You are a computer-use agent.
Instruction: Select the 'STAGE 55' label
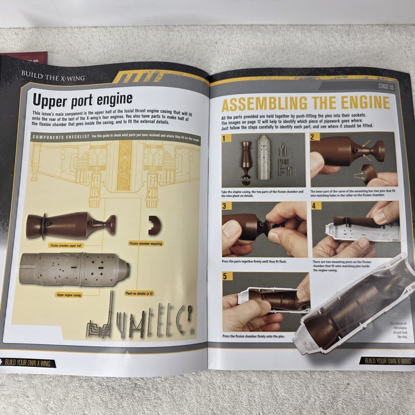[x=386, y=87]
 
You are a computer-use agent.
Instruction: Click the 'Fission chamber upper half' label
[x=66, y=245]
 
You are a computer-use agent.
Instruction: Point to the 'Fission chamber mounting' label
[x=146, y=244]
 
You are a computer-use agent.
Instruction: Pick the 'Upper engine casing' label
[x=69, y=295]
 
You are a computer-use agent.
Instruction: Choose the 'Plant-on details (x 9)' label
[x=139, y=293]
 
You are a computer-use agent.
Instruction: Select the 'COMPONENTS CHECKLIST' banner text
[x=61, y=137]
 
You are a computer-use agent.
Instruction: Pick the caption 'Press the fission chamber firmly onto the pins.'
[x=254, y=336]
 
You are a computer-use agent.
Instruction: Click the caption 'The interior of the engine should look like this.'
[x=398, y=330]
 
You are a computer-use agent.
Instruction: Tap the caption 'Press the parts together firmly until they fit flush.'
[x=254, y=261]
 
